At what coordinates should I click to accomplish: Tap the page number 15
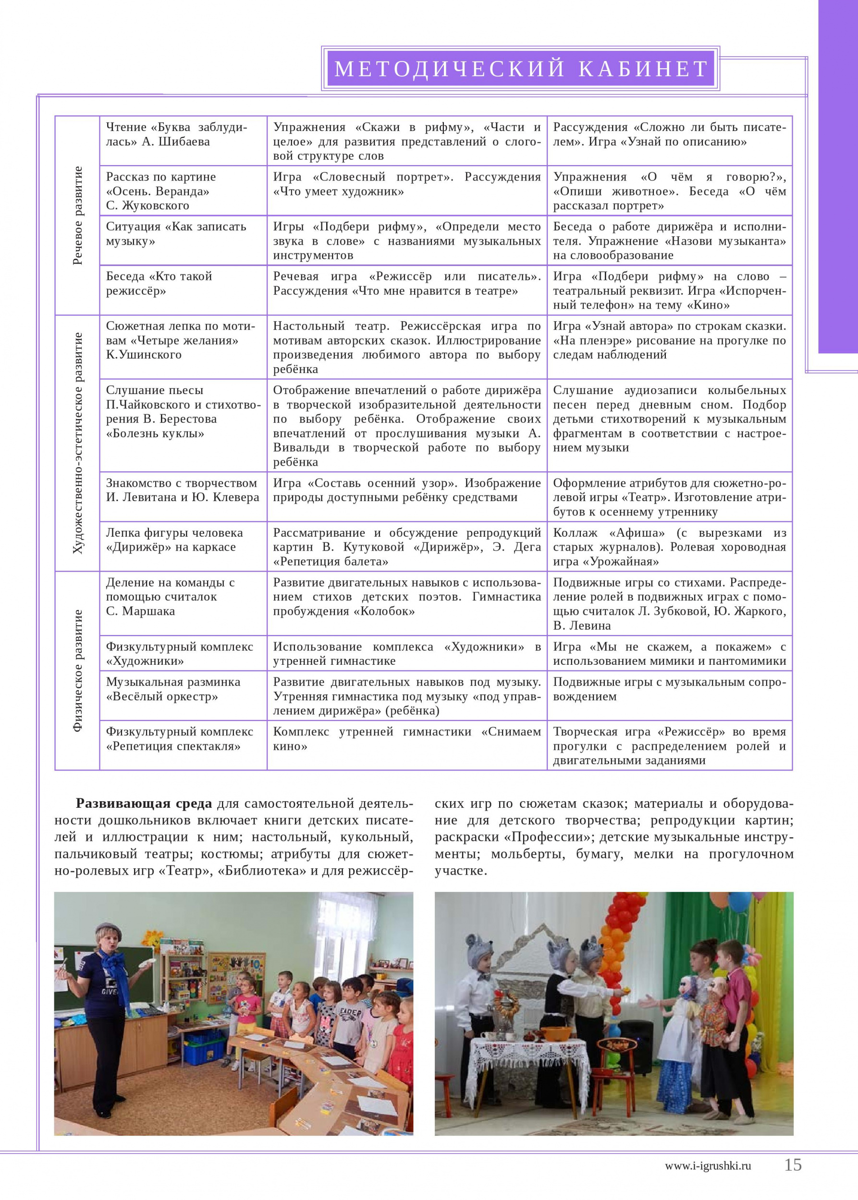click(793, 1164)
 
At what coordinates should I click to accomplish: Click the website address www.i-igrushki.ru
click(708, 1166)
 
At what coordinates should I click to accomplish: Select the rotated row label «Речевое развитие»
click(78, 216)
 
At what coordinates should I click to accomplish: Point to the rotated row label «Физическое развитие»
click(78, 671)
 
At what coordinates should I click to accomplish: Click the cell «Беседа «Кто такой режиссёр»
click(159, 284)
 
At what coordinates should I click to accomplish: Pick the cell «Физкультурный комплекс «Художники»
click(179, 653)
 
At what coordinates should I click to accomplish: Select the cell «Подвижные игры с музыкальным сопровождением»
click(669, 689)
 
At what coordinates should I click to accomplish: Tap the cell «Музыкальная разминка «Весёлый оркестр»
click(173, 689)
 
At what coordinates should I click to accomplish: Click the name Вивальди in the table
click(296, 448)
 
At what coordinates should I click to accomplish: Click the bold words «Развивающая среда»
click(144, 804)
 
